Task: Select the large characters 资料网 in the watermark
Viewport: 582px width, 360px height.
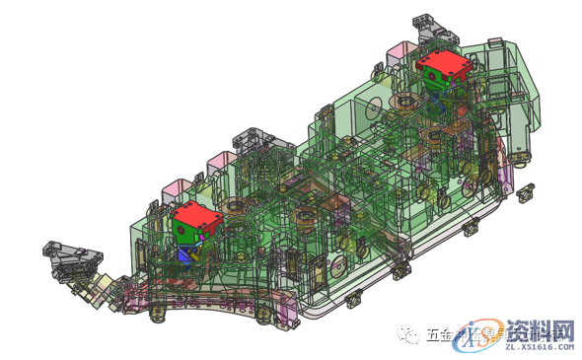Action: [541, 328]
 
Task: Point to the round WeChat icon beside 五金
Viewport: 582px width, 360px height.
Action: [409, 335]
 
